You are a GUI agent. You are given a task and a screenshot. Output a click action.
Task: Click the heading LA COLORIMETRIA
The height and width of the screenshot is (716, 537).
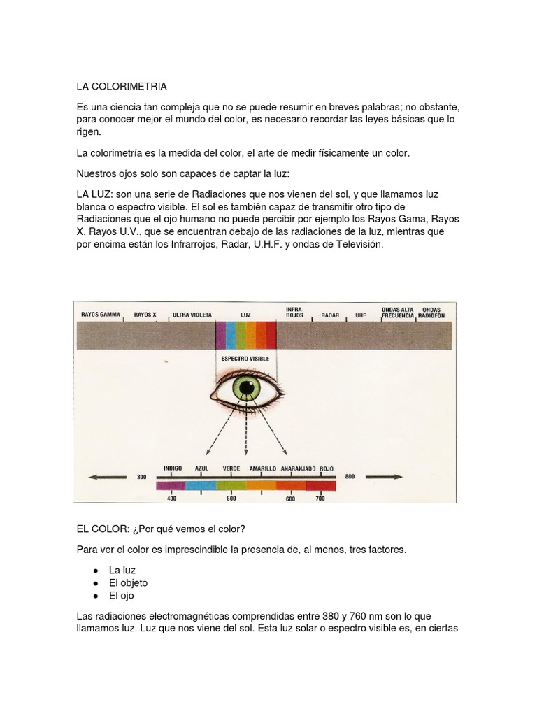coord(122,87)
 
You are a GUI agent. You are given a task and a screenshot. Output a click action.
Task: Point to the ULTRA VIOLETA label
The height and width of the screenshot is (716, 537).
coord(192,315)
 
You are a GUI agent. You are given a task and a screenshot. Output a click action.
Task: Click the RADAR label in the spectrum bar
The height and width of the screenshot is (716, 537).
coord(330,315)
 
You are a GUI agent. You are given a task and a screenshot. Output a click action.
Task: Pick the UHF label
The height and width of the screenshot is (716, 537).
coord(361,315)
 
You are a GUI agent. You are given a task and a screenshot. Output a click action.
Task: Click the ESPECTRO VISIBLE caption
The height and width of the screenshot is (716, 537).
coord(245,358)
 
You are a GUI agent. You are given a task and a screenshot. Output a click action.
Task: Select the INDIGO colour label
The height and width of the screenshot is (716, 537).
coord(172,467)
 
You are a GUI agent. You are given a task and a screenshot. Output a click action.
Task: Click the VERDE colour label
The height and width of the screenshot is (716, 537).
coord(231,467)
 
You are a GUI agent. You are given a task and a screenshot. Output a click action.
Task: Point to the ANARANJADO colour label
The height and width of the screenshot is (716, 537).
coord(298,467)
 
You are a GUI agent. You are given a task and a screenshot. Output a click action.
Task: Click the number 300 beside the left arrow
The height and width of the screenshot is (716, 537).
coord(142,477)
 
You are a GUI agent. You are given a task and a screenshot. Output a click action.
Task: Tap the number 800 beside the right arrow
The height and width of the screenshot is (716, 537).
coord(350,477)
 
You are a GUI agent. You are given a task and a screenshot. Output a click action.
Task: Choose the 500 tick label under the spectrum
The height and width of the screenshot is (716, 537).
coord(231,499)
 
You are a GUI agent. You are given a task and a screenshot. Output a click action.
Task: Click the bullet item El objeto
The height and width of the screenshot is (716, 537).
coord(128,582)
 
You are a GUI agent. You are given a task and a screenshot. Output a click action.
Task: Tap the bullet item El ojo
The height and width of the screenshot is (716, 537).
coord(121,596)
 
